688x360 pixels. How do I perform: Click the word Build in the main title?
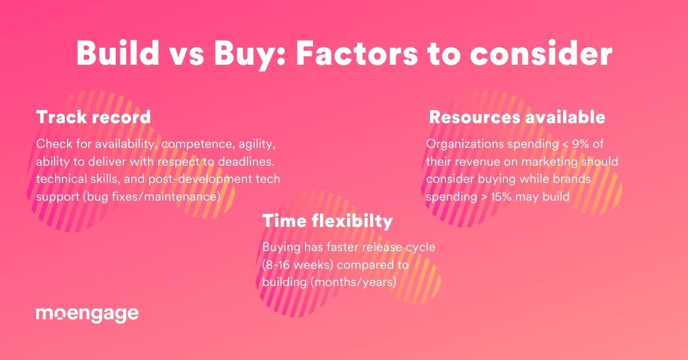[118, 53]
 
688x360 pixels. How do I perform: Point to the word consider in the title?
[541, 53]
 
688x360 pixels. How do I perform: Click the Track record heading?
[93, 117]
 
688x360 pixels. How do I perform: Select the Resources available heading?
[517, 117]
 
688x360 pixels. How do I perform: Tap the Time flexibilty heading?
[327, 221]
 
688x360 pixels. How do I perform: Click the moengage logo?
[87, 314]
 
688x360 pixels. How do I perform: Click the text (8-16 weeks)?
[298, 265]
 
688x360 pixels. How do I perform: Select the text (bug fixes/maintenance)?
[152, 197]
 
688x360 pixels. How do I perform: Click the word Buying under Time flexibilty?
[282, 248]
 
